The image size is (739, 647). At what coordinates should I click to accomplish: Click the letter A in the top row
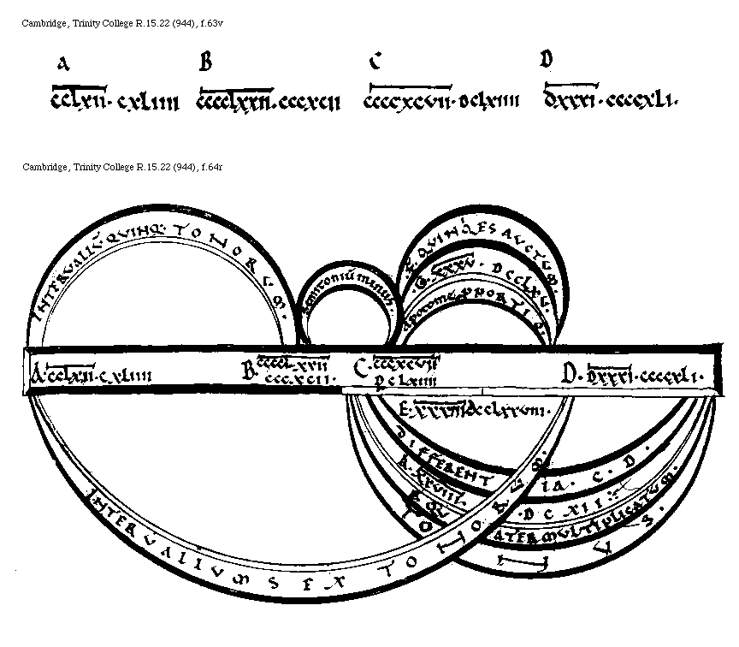pyautogui.click(x=62, y=63)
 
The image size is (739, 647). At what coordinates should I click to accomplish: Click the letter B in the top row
pyautogui.click(x=205, y=62)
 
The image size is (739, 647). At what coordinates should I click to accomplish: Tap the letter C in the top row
pyautogui.click(x=375, y=62)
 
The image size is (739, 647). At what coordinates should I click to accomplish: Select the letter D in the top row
pyautogui.click(x=547, y=59)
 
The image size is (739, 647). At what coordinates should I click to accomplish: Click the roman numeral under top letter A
pyautogui.click(x=115, y=103)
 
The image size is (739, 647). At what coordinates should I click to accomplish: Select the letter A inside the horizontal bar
pyautogui.click(x=38, y=374)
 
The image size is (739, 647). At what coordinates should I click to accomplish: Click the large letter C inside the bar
pyautogui.click(x=361, y=368)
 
